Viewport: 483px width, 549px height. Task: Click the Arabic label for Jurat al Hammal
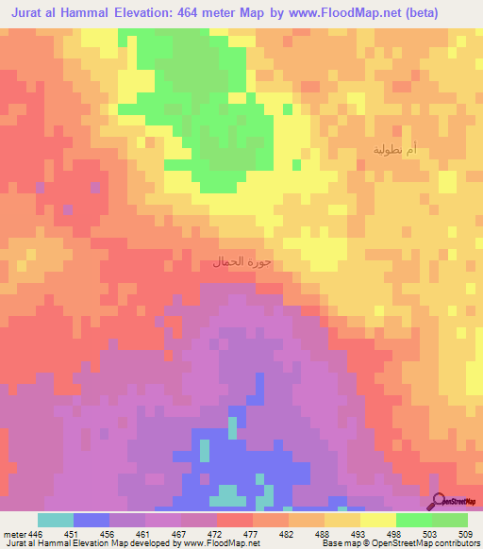click(x=240, y=261)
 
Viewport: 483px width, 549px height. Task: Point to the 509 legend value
click(x=464, y=533)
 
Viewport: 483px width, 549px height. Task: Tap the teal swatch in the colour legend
click(x=55, y=520)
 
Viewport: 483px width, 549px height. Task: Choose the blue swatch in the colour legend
click(x=91, y=520)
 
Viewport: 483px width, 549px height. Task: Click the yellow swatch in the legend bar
click(x=377, y=520)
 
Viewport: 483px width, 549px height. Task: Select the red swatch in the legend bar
click(x=234, y=520)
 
